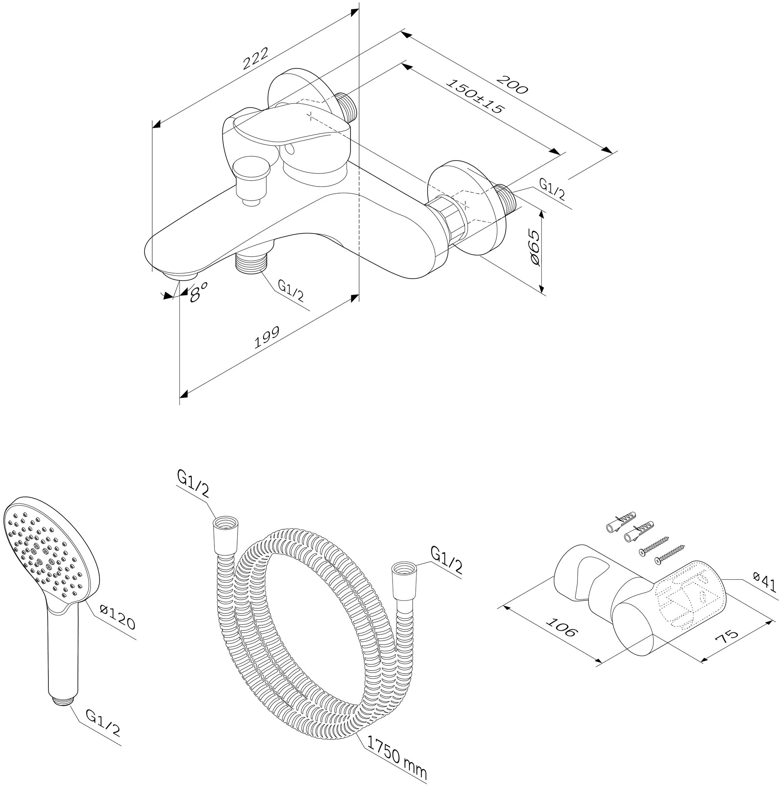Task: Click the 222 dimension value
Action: pos(256,59)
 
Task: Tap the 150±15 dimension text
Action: pos(476,96)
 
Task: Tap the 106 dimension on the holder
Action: pos(562,628)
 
